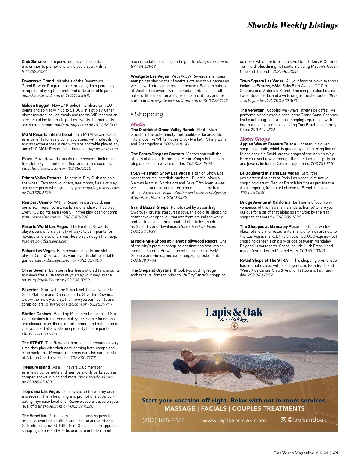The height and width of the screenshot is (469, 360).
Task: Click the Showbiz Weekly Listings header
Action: pos(292,25)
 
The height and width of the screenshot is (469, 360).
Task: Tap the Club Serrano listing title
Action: pos(34,61)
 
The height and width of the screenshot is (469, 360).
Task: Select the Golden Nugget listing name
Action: pos(36,105)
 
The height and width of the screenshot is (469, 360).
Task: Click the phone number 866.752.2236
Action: pos(34,71)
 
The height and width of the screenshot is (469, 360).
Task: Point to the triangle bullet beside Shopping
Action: pos(132,114)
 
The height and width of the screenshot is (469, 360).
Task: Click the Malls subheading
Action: pos(138,124)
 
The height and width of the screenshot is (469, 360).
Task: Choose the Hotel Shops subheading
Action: pos(255,139)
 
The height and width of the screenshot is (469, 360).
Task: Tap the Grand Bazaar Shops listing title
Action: pos(149,207)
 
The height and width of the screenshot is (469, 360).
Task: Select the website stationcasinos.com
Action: pos(39,333)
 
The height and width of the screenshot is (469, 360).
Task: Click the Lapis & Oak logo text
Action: pos(234,312)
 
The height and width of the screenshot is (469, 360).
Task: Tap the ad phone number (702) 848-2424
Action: pos(164,420)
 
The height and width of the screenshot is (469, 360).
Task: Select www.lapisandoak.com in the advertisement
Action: pos(234,420)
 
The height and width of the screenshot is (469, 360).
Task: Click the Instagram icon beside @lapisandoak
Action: pos(283,420)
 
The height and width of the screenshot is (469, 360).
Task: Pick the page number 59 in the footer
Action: pos(336,453)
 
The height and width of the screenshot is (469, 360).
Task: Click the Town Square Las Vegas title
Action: pos(262,81)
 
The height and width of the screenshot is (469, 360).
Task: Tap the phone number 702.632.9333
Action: pos(312,251)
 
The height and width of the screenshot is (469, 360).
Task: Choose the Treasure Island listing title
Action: pos(36,367)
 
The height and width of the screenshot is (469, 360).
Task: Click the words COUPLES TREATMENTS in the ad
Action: pos(268,408)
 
